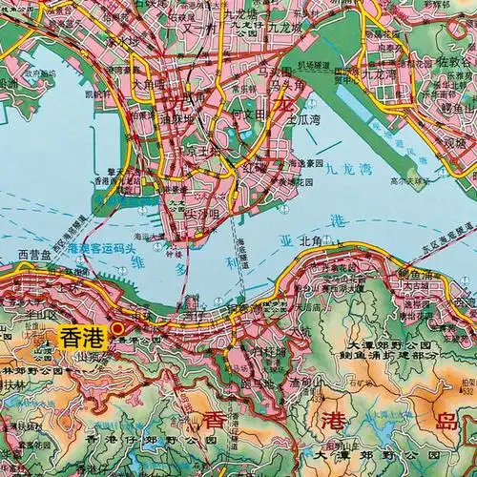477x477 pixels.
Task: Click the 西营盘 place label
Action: coord(36,254)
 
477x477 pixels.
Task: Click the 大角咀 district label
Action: coord(150,84)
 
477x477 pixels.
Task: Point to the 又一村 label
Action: coord(210,23)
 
